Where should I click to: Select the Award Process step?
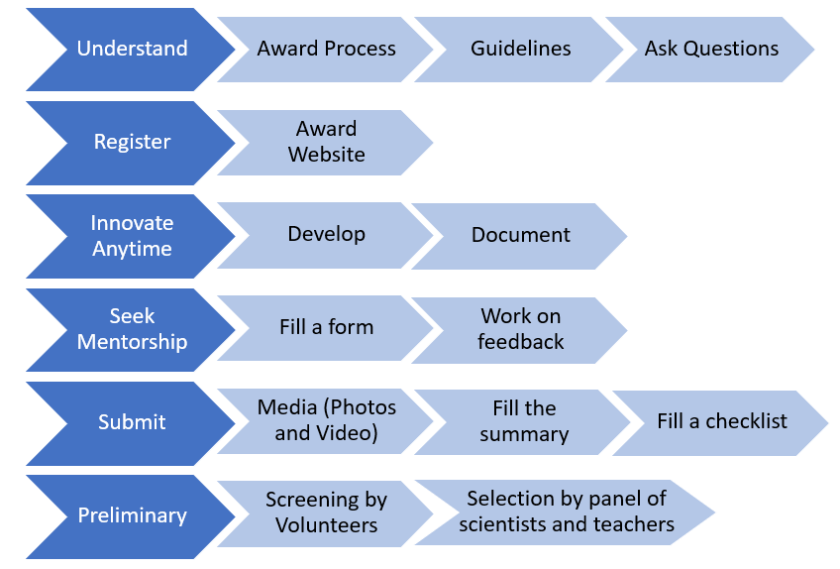(326, 49)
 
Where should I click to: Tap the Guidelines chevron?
(520, 49)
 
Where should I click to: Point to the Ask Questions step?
(711, 49)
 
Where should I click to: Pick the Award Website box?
(326, 143)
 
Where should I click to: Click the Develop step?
(326, 235)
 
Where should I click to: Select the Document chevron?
(520, 236)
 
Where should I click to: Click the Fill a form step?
(326, 328)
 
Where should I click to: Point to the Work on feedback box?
(520, 330)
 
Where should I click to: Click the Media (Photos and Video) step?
(326, 421)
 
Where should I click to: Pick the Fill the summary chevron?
(523, 422)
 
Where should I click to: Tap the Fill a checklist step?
(721, 422)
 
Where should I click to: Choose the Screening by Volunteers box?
(326, 513)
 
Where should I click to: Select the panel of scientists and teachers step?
(566, 512)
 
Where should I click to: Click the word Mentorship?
(132, 342)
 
